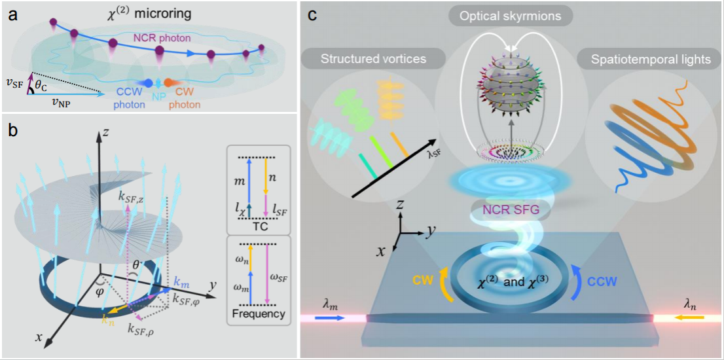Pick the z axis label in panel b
105,133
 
